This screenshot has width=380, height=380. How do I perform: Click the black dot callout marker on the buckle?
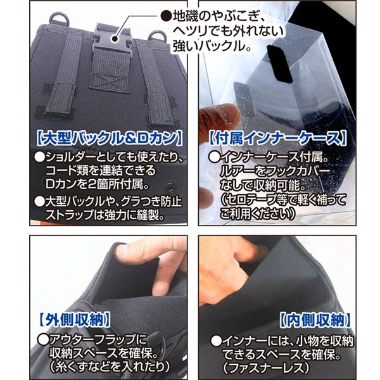pyautogui.click(x=115, y=38)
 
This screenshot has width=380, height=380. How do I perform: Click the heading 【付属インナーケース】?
pyautogui.click(x=278, y=138)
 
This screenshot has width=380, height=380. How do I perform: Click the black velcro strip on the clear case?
pyautogui.click(x=280, y=63)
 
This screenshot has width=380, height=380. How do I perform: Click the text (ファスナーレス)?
pyautogui.click(x=266, y=367)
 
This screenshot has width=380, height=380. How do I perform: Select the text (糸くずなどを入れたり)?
pyautogui.click(x=110, y=367)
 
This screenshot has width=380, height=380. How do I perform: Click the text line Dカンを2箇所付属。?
pyautogui.click(x=97, y=184)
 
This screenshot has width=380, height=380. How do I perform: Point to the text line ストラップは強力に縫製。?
pyautogui.click(x=105, y=214)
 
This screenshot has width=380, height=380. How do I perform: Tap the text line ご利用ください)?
pyautogui.click(x=257, y=214)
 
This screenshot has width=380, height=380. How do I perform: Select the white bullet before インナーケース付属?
pyautogui.click(x=214, y=157)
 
